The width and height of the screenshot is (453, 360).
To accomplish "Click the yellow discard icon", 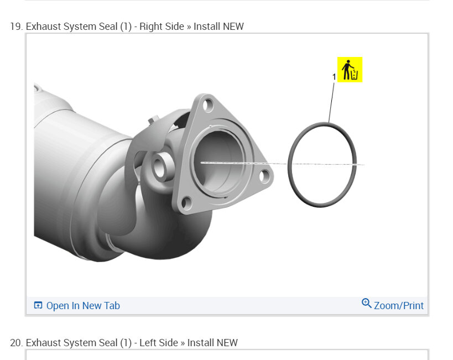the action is coord(350,70).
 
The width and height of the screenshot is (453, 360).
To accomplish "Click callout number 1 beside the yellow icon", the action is coord(334,77).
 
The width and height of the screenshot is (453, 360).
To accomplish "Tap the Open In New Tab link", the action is coord(83,306).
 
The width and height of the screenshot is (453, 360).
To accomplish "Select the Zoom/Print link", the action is coord(399,306).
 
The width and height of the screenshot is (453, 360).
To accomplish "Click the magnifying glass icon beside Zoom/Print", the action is coord(366,304).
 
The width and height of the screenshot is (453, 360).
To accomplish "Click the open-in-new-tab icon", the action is coord(38,305).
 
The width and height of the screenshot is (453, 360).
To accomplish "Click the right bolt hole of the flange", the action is coord(264,176).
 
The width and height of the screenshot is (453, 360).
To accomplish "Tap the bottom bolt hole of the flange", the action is coord(186,202).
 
